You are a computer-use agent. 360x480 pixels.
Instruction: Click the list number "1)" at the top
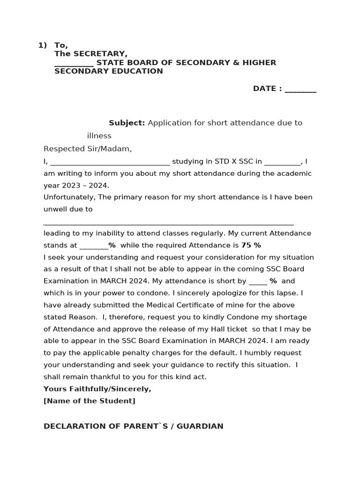coord(42,45)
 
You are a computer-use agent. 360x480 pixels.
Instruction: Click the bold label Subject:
coord(127,123)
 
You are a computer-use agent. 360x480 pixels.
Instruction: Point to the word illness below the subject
coord(99,136)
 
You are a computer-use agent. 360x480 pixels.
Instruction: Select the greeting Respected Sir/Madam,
coord(88,149)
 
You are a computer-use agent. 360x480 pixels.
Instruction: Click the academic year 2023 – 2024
coord(84,185)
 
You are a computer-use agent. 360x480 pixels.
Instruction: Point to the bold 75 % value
coord(251,245)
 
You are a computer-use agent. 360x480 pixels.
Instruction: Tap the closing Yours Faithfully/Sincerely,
coord(97,389)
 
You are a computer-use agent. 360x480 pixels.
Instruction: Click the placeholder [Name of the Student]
coord(89,401)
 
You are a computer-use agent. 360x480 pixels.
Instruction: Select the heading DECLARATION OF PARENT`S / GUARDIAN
coord(133,426)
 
